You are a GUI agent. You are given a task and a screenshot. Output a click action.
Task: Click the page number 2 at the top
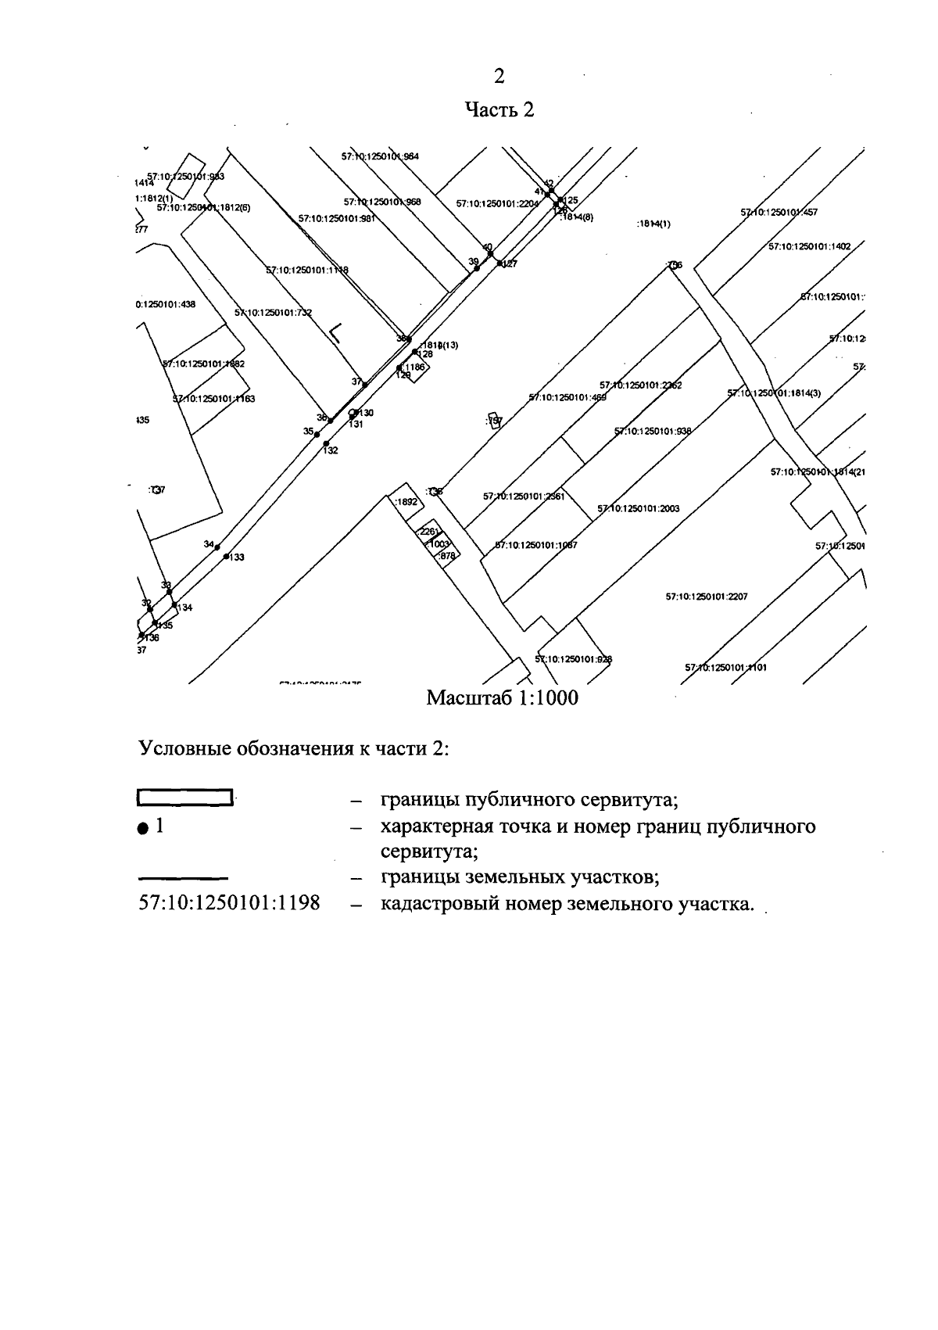click(499, 76)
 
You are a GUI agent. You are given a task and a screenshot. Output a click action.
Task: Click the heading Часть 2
click(499, 109)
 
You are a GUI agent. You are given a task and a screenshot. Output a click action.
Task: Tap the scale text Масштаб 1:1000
click(502, 697)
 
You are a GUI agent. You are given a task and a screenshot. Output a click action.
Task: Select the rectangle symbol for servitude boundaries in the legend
click(185, 798)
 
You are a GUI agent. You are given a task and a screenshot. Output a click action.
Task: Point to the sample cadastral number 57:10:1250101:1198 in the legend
click(229, 904)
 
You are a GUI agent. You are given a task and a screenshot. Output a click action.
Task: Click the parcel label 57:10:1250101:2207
click(707, 597)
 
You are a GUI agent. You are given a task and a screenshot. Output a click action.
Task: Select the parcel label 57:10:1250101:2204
click(497, 204)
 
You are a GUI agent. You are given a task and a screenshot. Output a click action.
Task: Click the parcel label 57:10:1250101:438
click(166, 304)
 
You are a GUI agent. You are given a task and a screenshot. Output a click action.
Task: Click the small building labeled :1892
click(406, 501)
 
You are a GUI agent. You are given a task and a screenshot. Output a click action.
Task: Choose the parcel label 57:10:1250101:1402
click(809, 246)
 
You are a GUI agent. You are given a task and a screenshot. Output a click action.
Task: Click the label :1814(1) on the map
click(653, 224)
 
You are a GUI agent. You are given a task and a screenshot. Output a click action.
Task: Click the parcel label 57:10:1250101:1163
click(213, 399)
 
